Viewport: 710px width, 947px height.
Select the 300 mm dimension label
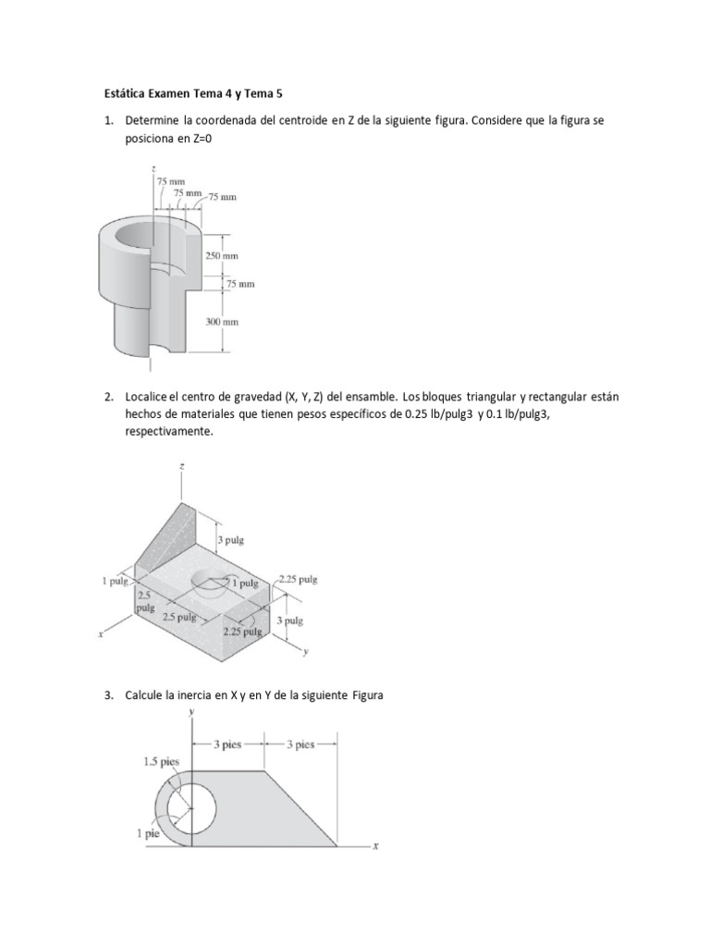pyautogui.click(x=221, y=322)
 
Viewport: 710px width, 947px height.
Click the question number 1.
pyautogui.click(x=107, y=121)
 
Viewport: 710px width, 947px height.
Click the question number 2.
pyautogui.click(x=107, y=397)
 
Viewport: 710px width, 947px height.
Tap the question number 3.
pyautogui.click(x=107, y=695)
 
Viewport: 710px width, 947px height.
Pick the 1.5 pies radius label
pyautogui.click(x=161, y=762)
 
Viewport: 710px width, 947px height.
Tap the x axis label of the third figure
pyautogui.click(x=375, y=845)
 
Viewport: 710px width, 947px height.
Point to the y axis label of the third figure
pyautogui.click(x=191, y=712)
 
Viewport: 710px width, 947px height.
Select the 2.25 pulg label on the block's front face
pyautogui.click(x=243, y=632)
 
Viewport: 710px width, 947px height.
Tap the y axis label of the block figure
pyautogui.click(x=304, y=653)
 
